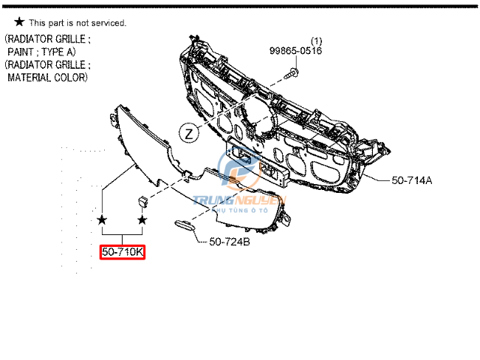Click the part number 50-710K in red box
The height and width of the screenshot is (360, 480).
tap(123, 253)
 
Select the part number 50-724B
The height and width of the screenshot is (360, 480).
tap(230, 242)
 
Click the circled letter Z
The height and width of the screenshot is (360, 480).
tap(189, 134)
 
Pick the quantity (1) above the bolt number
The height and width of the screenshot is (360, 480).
tap(316, 40)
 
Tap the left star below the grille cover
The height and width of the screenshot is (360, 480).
tap(102, 220)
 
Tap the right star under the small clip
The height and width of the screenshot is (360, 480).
tap(143, 220)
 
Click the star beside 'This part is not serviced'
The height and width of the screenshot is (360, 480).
tap(19, 23)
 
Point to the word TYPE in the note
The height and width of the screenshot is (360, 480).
tap(64, 52)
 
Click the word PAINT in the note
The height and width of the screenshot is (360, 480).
tap(22, 52)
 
